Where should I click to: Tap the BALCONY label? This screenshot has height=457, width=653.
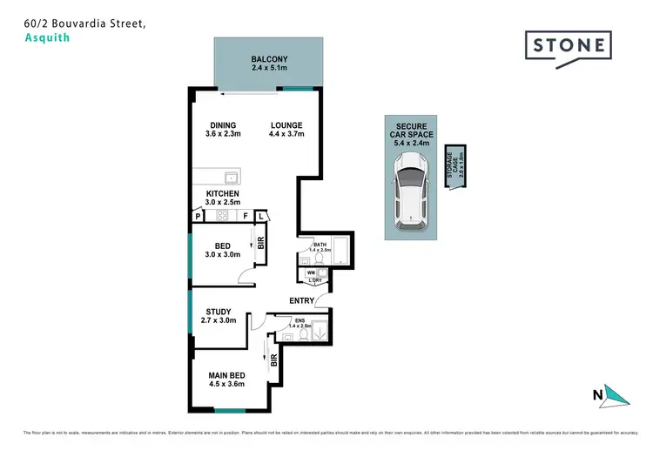(269, 59)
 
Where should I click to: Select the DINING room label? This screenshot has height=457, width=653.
(223, 125)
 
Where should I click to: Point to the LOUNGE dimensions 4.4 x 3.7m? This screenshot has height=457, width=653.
(286, 135)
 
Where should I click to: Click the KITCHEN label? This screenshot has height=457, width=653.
(222, 193)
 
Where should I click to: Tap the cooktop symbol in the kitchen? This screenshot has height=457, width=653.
(222, 215)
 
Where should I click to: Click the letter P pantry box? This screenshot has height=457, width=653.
(198, 215)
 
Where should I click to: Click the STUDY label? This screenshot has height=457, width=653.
(218, 312)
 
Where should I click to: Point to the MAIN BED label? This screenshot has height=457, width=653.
(226, 374)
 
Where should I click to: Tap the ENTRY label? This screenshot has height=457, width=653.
(302, 301)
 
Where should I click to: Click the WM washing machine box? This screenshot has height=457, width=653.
(310, 273)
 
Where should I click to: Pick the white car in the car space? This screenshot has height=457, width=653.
(410, 192)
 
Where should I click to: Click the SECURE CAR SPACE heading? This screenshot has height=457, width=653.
(410, 131)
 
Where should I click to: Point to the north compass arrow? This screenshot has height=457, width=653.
(616, 396)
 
